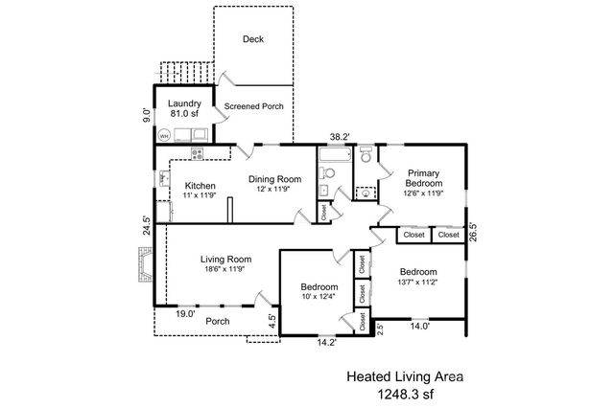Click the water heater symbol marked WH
coord(164,136)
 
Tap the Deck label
coord(253,39)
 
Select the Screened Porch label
coord(253,106)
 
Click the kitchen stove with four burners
coord(197,153)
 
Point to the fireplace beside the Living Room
coord(145,264)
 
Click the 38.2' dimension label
coord(340,137)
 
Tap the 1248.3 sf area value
coord(405,394)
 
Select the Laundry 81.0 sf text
coord(184,108)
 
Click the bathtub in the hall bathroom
coord(335,154)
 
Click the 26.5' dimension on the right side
coord(473,232)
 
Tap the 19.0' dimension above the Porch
coord(185,313)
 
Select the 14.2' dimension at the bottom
coord(327,343)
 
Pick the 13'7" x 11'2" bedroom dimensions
coord(418,282)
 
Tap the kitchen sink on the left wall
coord(164,179)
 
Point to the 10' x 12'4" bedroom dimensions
coord(319,297)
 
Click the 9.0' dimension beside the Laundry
coord(147,115)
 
